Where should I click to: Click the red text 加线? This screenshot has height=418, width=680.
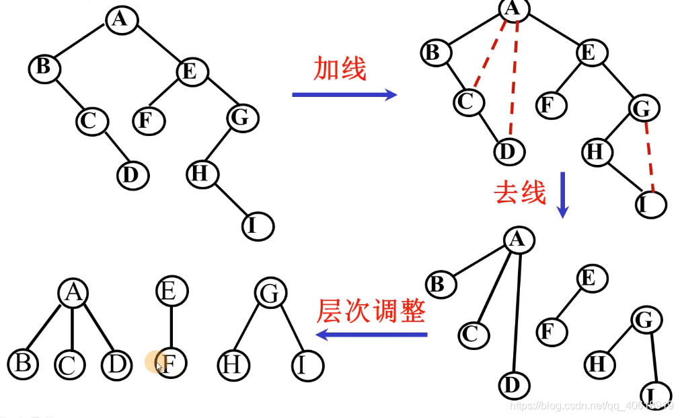[x=340, y=69]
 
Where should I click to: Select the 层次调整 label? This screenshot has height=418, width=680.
[x=371, y=311]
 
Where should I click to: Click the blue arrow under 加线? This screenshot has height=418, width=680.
[x=344, y=95]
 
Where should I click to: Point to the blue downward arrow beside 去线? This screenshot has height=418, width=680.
[x=563, y=195]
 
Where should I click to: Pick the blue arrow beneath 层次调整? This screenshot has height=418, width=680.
[x=371, y=335]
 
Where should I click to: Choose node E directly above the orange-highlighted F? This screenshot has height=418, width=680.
[x=172, y=291]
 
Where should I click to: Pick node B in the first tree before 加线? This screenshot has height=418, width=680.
[x=44, y=67]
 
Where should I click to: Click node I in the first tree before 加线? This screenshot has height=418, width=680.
[x=258, y=226]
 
